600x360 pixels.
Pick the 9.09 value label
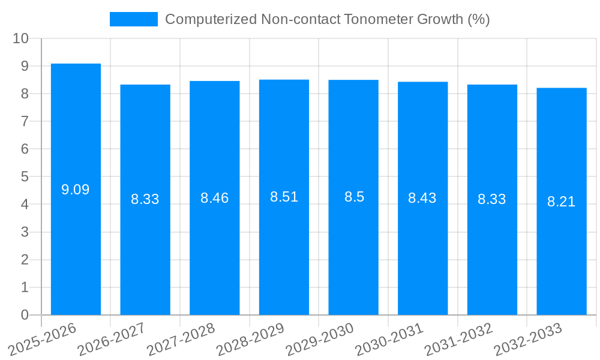tap(76, 190)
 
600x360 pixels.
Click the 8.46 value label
tap(215, 198)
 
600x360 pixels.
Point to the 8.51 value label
tap(284, 197)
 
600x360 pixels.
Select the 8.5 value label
tap(354, 197)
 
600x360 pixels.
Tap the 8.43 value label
tap(422, 198)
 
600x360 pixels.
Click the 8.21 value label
tap(562, 202)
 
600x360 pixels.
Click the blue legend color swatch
tap(133, 19)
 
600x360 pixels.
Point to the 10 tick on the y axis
tap(21, 38)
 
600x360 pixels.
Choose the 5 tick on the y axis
tap(25, 177)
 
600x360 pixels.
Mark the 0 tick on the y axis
tap(25, 315)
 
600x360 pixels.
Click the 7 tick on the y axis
tap(25, 121)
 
